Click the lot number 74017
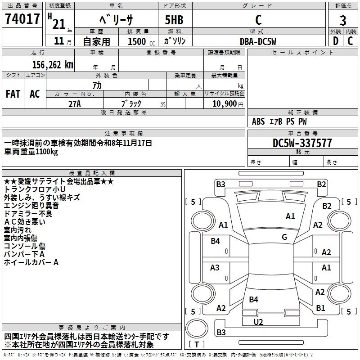tap(22, 19)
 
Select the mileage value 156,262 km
tap(53, 65)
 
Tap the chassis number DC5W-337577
tap(302, 143)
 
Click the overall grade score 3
tap(343, 21)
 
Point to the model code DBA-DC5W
tap(258, 41)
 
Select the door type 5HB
tap(174, 20)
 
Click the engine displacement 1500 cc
tap(141, 41)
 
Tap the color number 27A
tap(75, 104)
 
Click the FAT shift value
tap(13, 94)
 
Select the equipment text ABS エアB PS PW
tap(279, 121)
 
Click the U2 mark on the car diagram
tap(258, 322)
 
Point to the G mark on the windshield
tap(284, 237)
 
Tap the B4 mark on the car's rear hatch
tap(253, 299)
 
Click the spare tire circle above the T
tap(197, 328)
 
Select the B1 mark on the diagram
tap(320, 308)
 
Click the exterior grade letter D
tap(336, 41)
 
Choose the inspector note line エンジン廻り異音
tap(31, 205)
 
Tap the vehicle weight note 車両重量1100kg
tap(31, 152)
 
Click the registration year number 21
tap(59, 24)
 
